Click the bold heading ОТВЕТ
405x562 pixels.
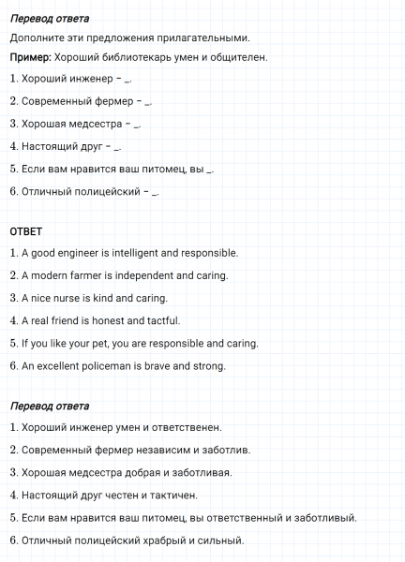point(25,230)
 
